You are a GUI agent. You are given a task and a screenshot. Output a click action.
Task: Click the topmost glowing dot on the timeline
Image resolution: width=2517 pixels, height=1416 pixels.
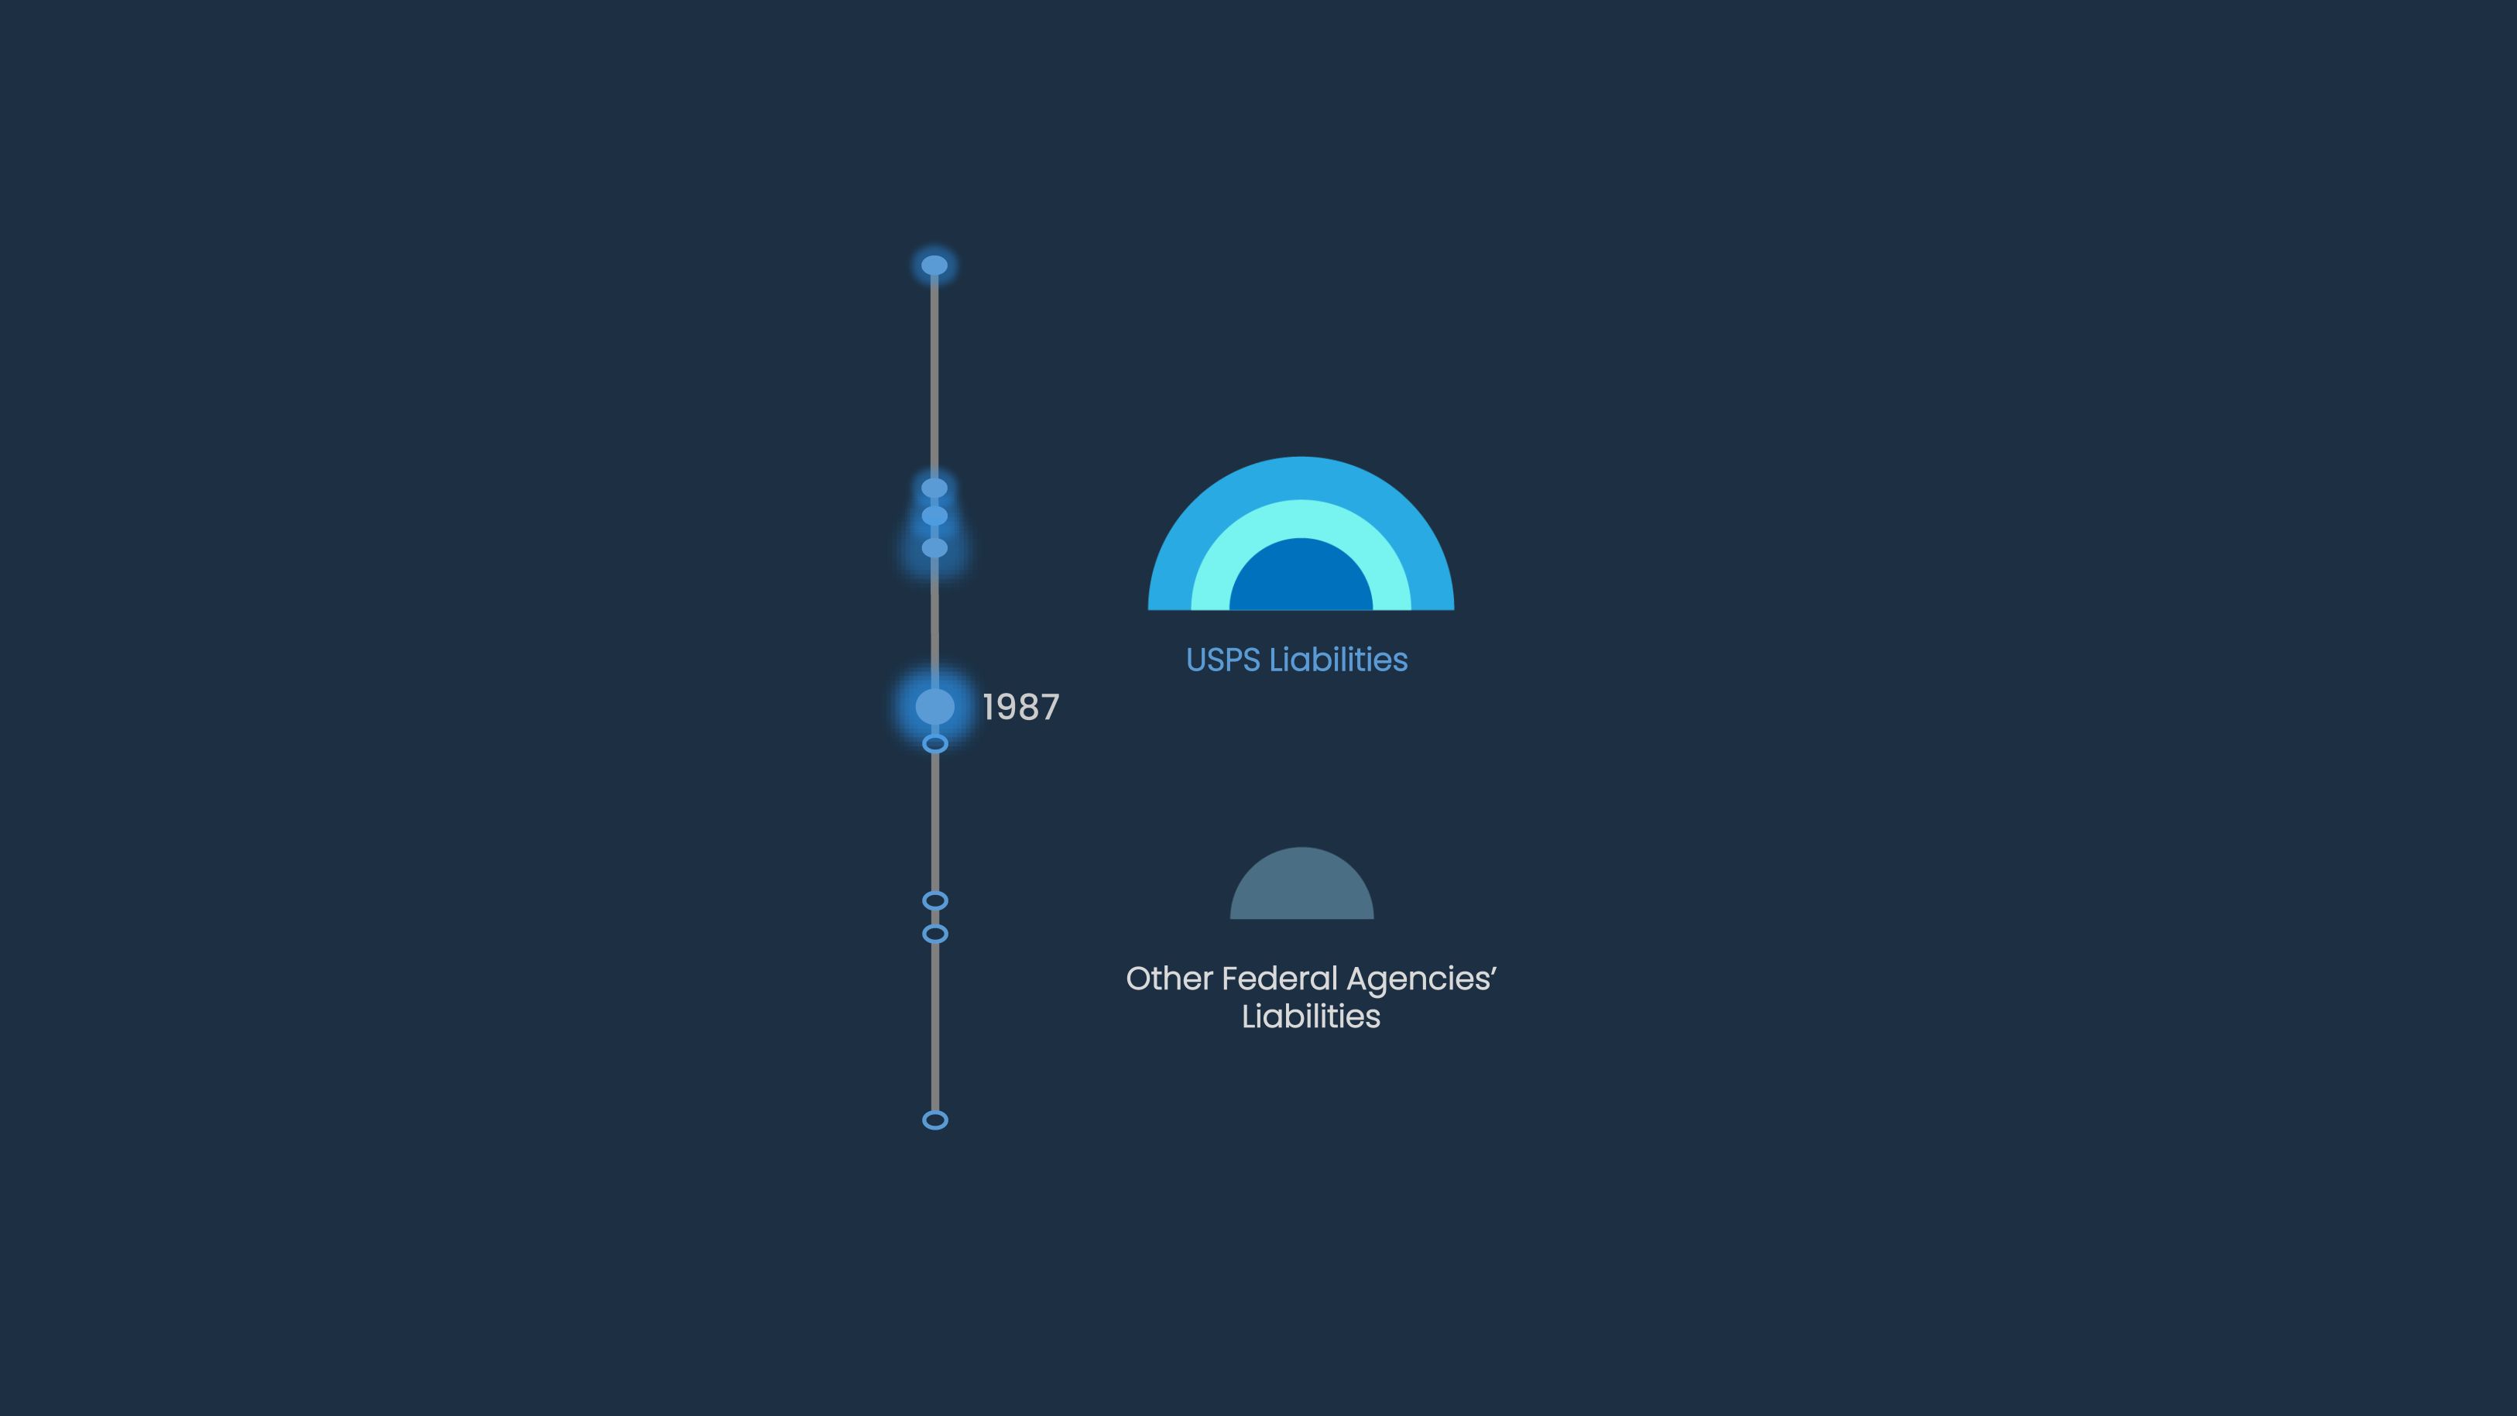pyautogui.click(x=934, y=265)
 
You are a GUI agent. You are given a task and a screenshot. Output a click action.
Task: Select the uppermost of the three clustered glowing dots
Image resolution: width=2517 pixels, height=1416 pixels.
pyautogui.click(x=934, y=487)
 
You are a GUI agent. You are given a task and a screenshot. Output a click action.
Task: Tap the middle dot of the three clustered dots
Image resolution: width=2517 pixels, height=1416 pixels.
pyautogui.click(x=934, y=515)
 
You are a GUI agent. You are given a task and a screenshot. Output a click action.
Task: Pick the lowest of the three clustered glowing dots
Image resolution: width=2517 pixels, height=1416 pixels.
pyautogui.click(x=934, y=547)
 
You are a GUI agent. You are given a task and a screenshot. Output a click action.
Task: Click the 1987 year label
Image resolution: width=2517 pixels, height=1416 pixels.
pyautogui.click(x=1020, y=707)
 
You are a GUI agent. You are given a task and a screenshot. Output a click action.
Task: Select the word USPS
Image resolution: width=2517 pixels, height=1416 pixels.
pyautogui.click(x=1222, y=660)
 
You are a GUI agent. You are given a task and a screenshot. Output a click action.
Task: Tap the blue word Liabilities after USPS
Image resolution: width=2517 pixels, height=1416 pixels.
pyautogui.click(x=1338, y=660)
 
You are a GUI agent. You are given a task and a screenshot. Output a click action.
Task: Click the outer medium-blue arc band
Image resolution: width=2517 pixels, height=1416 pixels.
pyautogui.click(x=1301, y=477)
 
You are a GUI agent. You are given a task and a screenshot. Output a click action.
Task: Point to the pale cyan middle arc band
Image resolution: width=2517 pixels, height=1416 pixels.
pyautogui.click(x=1301, y=518)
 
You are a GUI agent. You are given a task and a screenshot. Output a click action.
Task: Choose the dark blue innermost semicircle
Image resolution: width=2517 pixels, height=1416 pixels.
pyautogui.click(x=1301, y=577)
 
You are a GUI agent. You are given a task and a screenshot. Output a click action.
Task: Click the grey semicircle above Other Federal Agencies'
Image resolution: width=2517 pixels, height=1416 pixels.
pyautogui.click(x=1301, y=884)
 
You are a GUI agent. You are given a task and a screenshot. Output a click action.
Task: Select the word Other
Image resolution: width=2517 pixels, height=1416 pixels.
pyautogui.click(x=1168, y=979)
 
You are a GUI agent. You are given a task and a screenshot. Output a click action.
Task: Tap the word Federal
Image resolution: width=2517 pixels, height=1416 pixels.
pyautogui.click(x=1279, y=979)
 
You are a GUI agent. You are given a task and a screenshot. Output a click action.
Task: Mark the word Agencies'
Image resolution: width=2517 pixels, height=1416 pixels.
pyautogui.click(x=1421, y=980)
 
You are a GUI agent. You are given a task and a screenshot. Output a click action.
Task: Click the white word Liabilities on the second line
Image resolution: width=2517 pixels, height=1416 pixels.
pyautogui.click(x=1310, y=1017)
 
